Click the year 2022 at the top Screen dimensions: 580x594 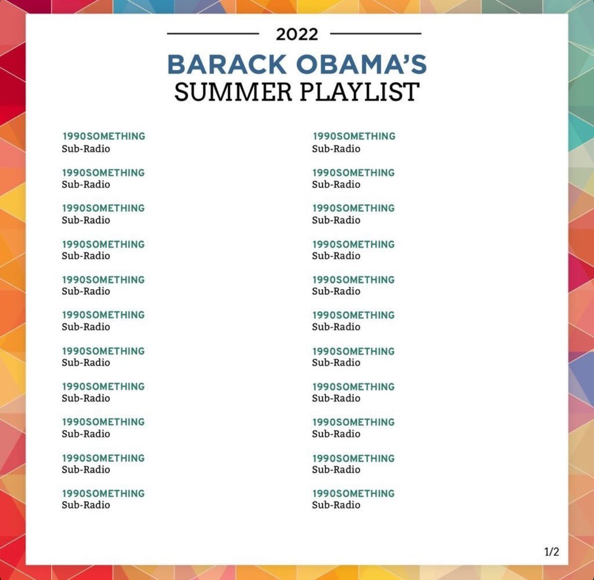(297, 34)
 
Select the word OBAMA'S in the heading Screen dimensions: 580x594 (361, 65)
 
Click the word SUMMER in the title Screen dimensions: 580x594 (233, 92)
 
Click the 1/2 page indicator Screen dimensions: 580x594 (551, 552)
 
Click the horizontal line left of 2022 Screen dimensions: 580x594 (213, 34)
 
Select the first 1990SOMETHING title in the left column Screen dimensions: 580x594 (103, 136)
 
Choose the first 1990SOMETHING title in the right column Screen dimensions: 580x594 (354, 136)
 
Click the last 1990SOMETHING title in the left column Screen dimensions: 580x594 (103, 493)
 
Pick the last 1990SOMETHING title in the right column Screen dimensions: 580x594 (353, 493)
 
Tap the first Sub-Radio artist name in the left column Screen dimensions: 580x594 (86, 149)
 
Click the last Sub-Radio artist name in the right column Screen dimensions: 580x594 (336, 505)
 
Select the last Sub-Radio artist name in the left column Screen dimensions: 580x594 (86, 505)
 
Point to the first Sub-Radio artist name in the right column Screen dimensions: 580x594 (336, 149)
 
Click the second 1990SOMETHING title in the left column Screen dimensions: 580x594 (103, 173)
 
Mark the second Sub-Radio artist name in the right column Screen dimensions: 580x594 (336, 184)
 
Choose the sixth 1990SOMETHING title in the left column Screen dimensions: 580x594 (103, 315)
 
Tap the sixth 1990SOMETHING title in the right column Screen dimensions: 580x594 (353, 315)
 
